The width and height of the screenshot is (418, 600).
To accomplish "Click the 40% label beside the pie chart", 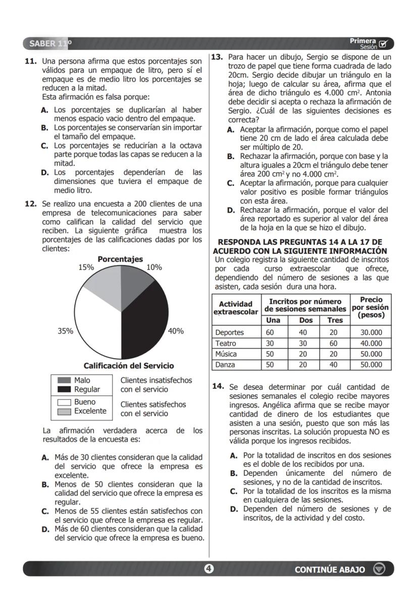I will (x=176, y=331).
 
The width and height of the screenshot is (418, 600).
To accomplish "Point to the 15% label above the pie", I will (x=86, y=268).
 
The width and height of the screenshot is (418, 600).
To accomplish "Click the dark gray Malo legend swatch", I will (x=64, y=380).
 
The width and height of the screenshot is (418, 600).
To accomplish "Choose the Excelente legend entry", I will (x=90, y=411).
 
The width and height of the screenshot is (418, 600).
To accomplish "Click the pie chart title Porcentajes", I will (x=120, y=259).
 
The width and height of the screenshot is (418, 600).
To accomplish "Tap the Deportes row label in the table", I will (x=229, y=332).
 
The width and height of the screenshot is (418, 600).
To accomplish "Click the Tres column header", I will (x=335, y=320).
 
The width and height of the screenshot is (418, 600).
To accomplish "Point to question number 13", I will (x=217, y=57).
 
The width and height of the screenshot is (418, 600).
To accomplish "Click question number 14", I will (x=218, y=386).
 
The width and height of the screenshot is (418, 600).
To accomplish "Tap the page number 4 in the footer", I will (x=208, y=569).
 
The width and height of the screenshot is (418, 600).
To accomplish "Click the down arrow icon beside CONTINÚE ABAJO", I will (x=379, y=569).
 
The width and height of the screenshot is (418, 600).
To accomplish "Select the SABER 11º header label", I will (x=50, y=43).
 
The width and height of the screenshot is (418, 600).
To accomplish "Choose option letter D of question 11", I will (x=45, y=173).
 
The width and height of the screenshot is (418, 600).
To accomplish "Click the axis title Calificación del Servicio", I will (x=128, y=366).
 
